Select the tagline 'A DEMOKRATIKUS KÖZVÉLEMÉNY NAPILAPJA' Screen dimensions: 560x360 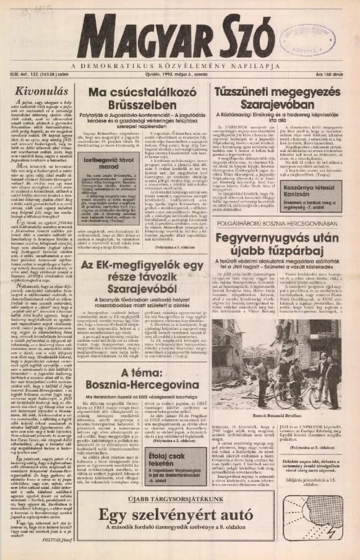179,66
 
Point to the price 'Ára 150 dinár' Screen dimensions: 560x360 338,75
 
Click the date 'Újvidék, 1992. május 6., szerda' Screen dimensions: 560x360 179,75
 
